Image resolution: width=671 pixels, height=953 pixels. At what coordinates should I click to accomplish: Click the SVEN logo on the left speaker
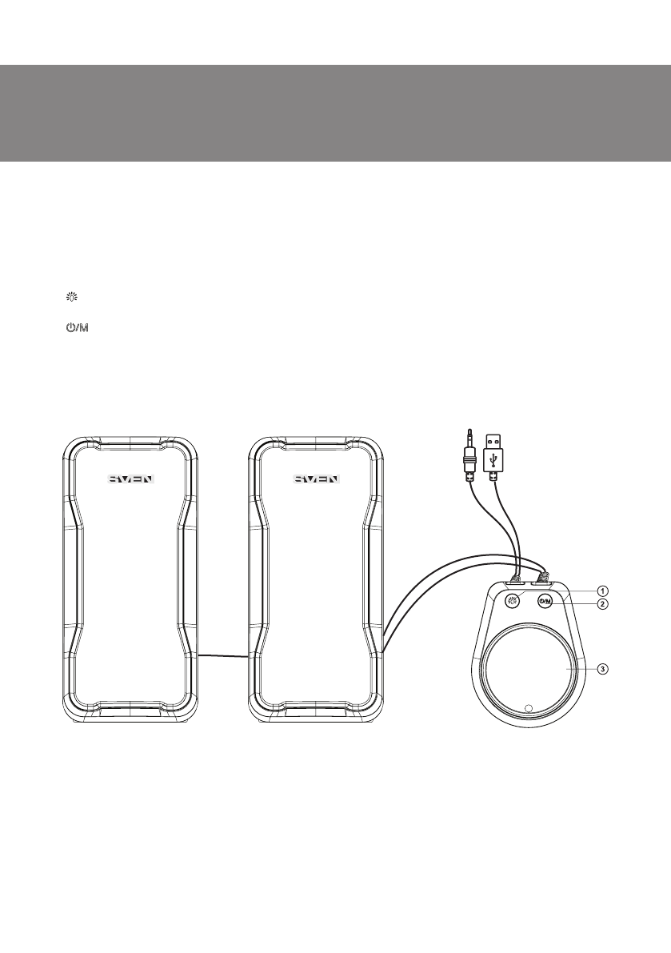point(132,479)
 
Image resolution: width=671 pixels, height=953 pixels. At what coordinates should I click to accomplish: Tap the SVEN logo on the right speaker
point(317,479)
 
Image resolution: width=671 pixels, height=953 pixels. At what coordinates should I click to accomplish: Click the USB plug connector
point(494,457)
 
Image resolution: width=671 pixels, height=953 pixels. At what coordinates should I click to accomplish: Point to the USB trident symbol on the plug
point(494,458)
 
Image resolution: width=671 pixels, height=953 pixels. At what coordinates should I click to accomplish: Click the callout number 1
point(601,591)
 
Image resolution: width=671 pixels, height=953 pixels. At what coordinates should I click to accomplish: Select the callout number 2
point(601,604)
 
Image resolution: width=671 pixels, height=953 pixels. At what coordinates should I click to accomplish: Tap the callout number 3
point(601,669)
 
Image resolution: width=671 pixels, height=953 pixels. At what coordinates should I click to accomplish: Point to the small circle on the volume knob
point(528,707)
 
